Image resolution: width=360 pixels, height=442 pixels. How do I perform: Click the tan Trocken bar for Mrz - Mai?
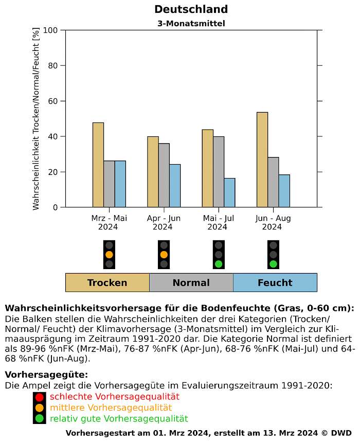coord(98,165)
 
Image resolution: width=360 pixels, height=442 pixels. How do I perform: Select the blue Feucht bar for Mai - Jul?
coord(229,192)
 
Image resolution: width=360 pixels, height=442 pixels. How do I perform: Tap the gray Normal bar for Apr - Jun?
coord(164,175)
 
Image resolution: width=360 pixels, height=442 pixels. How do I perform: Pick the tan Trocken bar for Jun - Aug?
coord(262,160)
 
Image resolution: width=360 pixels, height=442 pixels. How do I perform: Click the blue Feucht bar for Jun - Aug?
coord(284,191)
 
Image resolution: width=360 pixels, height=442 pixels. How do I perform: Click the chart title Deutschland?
coord(191,9)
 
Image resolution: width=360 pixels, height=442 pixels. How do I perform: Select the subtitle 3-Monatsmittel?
coord(191,23)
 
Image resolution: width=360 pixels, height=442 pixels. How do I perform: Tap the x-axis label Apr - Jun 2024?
coord(163,222)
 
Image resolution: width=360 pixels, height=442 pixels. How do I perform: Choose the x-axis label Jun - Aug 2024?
coord(273,222)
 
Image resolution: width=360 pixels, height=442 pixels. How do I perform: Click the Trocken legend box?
coord(107,282)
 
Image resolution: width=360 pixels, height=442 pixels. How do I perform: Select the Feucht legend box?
coord(275,282)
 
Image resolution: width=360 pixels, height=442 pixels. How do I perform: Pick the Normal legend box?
coord(191,282)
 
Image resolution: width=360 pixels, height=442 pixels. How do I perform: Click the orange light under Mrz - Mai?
coord(109,254)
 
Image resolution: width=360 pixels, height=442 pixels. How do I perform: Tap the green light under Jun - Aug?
coord(273,264)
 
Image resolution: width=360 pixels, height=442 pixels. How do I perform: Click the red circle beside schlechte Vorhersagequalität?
coord(40,397)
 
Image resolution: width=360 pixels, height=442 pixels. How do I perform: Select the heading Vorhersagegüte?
coord(46,375)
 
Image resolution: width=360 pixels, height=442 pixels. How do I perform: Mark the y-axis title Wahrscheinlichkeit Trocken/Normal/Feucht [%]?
coord(36,118)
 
